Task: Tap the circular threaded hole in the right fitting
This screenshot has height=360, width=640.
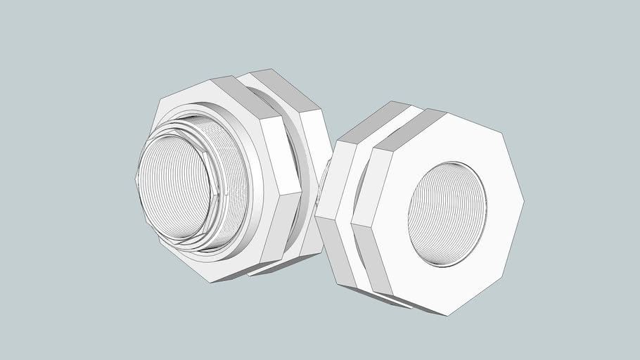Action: click(447, 214)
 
